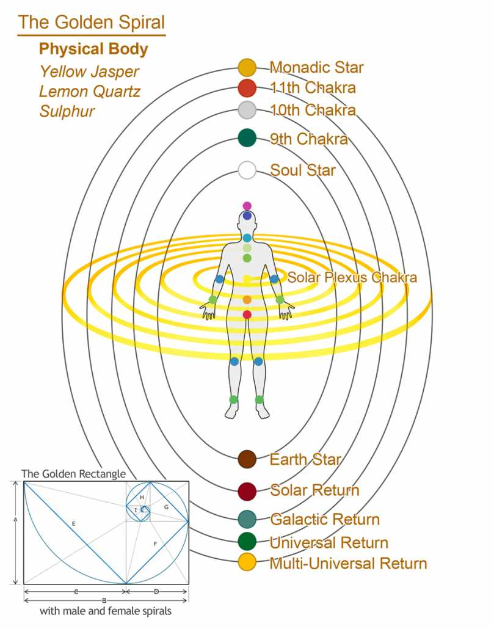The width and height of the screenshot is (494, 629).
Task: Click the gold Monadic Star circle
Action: coord(247,67)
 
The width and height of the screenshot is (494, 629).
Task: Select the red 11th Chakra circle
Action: coord(247,89)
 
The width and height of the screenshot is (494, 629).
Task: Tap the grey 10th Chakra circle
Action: coord(247,110)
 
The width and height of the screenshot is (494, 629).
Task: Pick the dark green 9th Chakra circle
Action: coord(247,138)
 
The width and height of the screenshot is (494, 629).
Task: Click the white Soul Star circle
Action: coord(247,170)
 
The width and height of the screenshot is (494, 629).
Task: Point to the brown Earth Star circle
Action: coord(247,459)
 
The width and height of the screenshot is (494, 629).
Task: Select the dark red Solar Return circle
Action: coord(247,492)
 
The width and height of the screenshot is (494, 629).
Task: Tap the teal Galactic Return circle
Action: coord(247,519)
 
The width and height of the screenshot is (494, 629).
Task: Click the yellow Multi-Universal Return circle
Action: coord(247,562)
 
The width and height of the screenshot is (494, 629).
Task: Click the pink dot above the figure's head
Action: coord(247,206)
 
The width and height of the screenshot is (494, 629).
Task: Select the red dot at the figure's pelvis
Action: coord(247,314)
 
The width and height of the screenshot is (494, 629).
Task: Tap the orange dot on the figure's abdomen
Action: coord(247,300)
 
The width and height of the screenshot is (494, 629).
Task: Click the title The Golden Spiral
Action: coord(92,23)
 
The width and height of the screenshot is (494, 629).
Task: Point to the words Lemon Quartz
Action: coord(89,92)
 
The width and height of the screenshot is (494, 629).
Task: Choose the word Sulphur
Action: coord(67,112)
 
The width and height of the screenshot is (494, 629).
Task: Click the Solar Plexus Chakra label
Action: coord(352,277)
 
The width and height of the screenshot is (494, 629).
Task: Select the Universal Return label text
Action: coord(329,543)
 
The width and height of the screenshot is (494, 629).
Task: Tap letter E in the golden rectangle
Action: coord(74,523)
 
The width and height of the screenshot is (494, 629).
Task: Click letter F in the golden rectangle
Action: coord(155,544)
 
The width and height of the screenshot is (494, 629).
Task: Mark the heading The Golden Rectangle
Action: coord(73,474)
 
